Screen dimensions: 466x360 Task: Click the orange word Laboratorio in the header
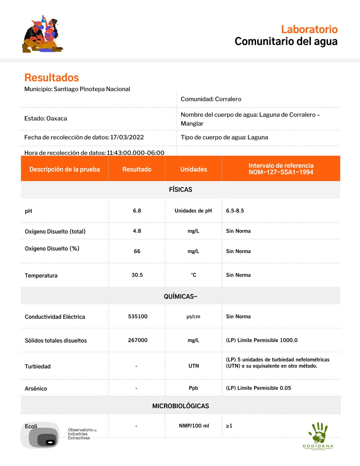tap(309, 29)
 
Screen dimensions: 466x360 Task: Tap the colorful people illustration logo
tap(42, 34)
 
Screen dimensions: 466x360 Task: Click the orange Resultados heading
tap(52, 78)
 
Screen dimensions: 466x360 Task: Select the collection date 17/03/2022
tap(127, 137)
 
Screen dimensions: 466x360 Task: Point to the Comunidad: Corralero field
tap(211, 99)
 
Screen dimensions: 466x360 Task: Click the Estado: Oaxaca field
tap(46, 119)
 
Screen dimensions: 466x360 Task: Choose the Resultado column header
tap(137, 169)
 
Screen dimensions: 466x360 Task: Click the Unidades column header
tap(194, 169)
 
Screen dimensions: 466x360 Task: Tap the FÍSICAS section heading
tap(180, 190)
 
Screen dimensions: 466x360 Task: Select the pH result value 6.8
tap(137, 211)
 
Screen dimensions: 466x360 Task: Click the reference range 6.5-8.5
tap(235, 211)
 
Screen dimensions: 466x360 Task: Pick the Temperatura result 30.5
tap(137, 275)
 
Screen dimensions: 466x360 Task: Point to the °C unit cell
tap(194, 275)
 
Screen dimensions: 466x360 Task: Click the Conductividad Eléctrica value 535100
tap(138, 316)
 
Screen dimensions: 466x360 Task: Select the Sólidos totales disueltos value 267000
tap(138, 340)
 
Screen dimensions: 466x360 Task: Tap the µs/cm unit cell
tap(193, 316)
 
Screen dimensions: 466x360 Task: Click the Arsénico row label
tap(36, 389)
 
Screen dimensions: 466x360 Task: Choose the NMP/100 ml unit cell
tap(194, 426)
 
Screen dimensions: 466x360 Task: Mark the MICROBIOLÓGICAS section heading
tap(180, 406)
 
